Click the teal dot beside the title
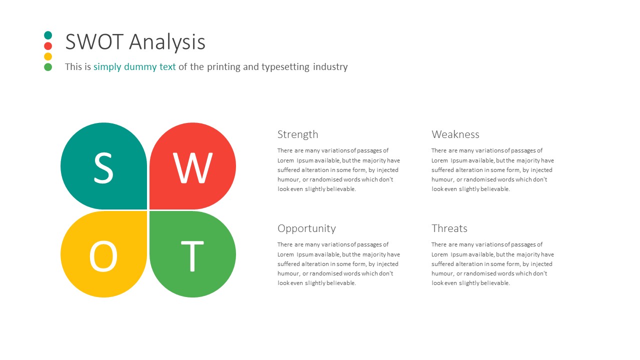tap(48, 35)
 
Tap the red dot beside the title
tap(48, 45)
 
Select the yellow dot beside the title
tap(48, 56)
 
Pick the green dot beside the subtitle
tap(48, 67)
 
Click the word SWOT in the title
tap(94, 41)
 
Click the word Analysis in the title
tap(167, 42)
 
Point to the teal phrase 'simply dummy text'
tap(134, 67)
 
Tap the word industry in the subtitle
tap(330, 67)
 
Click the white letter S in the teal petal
tap(103, 167)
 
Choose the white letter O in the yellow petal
tap(103, 255)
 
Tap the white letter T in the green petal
tap(192, 256)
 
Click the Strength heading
tap(297, 134)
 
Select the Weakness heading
tap(455, 134)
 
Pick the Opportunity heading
tap(306, 228)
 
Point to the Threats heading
tap(449, 228)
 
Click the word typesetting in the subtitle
tap(285, 67)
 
